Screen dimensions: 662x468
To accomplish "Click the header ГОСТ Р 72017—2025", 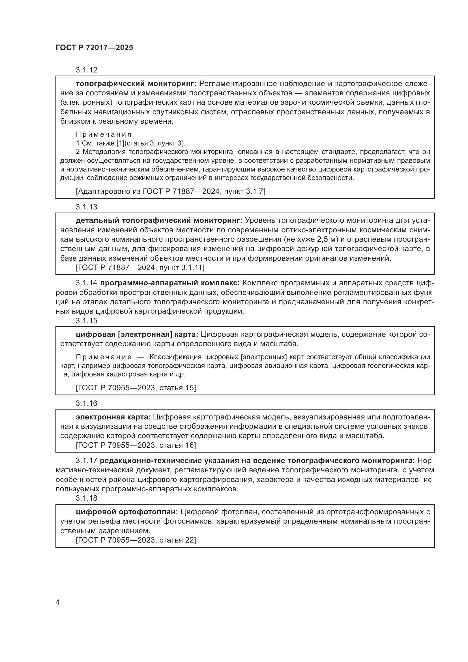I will [x=94, y=48].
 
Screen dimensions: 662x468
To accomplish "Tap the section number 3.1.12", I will [x=87, y=70].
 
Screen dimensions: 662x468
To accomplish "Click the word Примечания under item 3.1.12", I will [x=104, y=134].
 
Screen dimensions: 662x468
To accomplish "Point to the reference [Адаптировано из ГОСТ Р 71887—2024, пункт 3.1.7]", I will [x=170, y=191].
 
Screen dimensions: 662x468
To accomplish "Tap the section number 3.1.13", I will [x=87, y=207].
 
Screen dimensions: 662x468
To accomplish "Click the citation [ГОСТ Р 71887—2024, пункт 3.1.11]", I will [x=140, y=267].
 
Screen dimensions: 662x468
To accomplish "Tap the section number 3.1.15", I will [x=87, y=321].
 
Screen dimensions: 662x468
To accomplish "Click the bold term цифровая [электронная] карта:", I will [x=137, y=335].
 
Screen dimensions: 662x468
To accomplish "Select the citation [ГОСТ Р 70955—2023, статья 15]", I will [x=136, y=388].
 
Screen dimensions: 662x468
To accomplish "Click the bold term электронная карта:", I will [x=113, y=417].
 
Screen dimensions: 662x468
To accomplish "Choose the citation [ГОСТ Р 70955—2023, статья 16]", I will [x=136, y=445].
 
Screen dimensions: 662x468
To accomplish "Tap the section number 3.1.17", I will [x=87, y=461].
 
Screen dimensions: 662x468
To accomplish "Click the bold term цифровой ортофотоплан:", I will [x=127, y=512].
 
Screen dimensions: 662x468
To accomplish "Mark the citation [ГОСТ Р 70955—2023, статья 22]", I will [x=136, y=540].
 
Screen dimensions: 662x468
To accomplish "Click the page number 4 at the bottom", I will [x=58, y=602].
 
